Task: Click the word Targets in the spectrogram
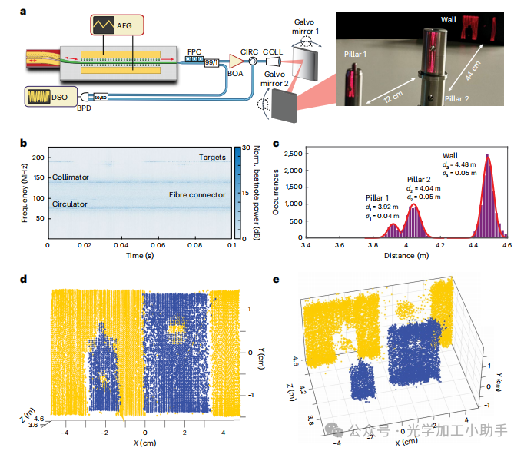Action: click(212, 158)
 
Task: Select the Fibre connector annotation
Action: click(197, 195)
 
